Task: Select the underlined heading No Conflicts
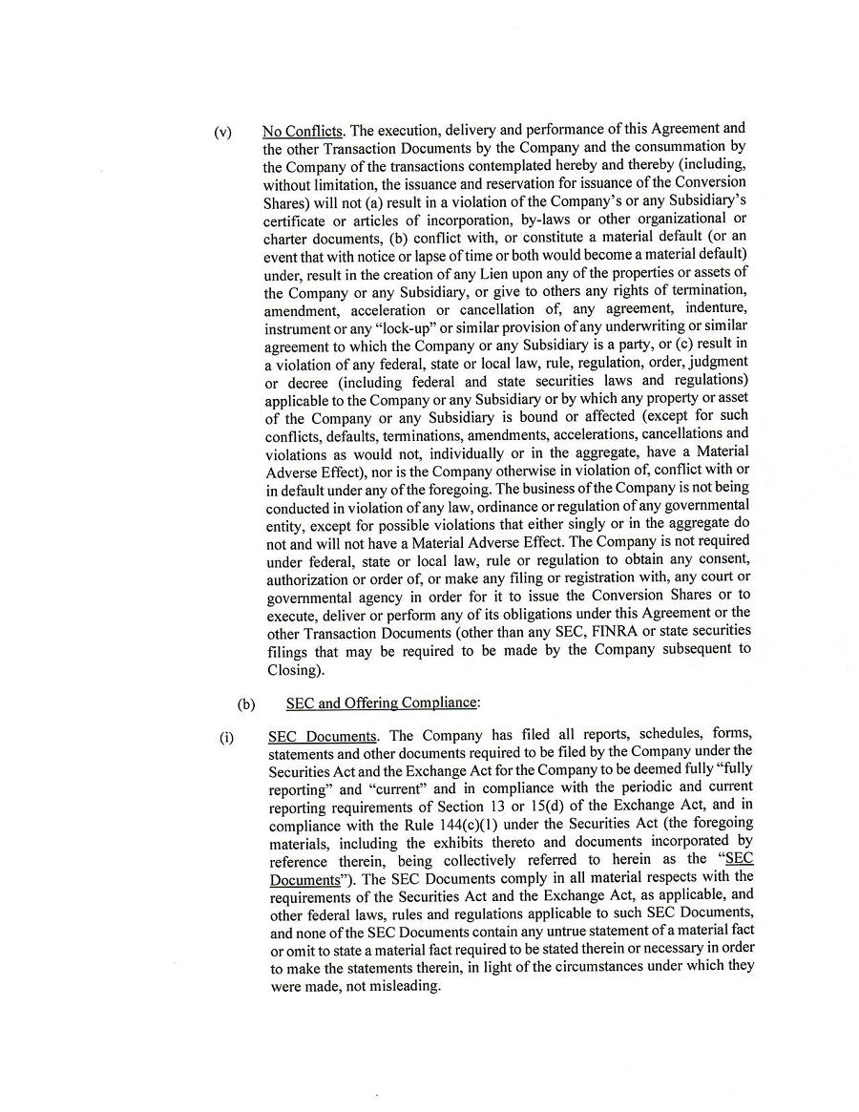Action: pyautogui.click(x=303, y=132)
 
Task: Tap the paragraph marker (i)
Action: pyautogui.click(x=226, y=737)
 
